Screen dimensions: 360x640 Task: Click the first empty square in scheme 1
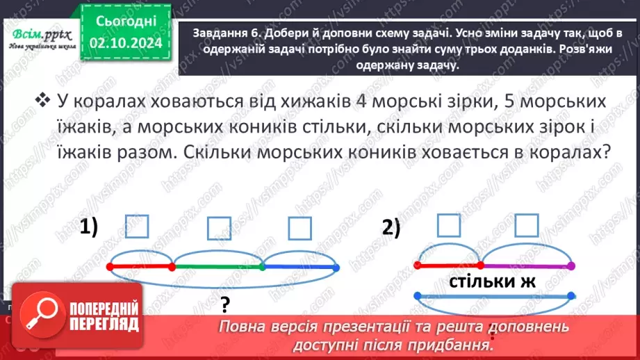click(x=138, y=227)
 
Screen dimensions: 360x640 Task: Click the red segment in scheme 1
click(x=141, y=266)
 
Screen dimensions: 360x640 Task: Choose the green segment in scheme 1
click(x=218, y=266)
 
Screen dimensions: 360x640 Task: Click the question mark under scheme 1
click(x=224, y=304)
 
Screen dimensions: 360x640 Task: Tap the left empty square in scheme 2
click(x=449, y=225)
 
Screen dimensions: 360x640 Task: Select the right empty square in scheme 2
click(x=527, y=225)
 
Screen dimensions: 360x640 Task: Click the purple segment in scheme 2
click(x=526, y=265)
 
